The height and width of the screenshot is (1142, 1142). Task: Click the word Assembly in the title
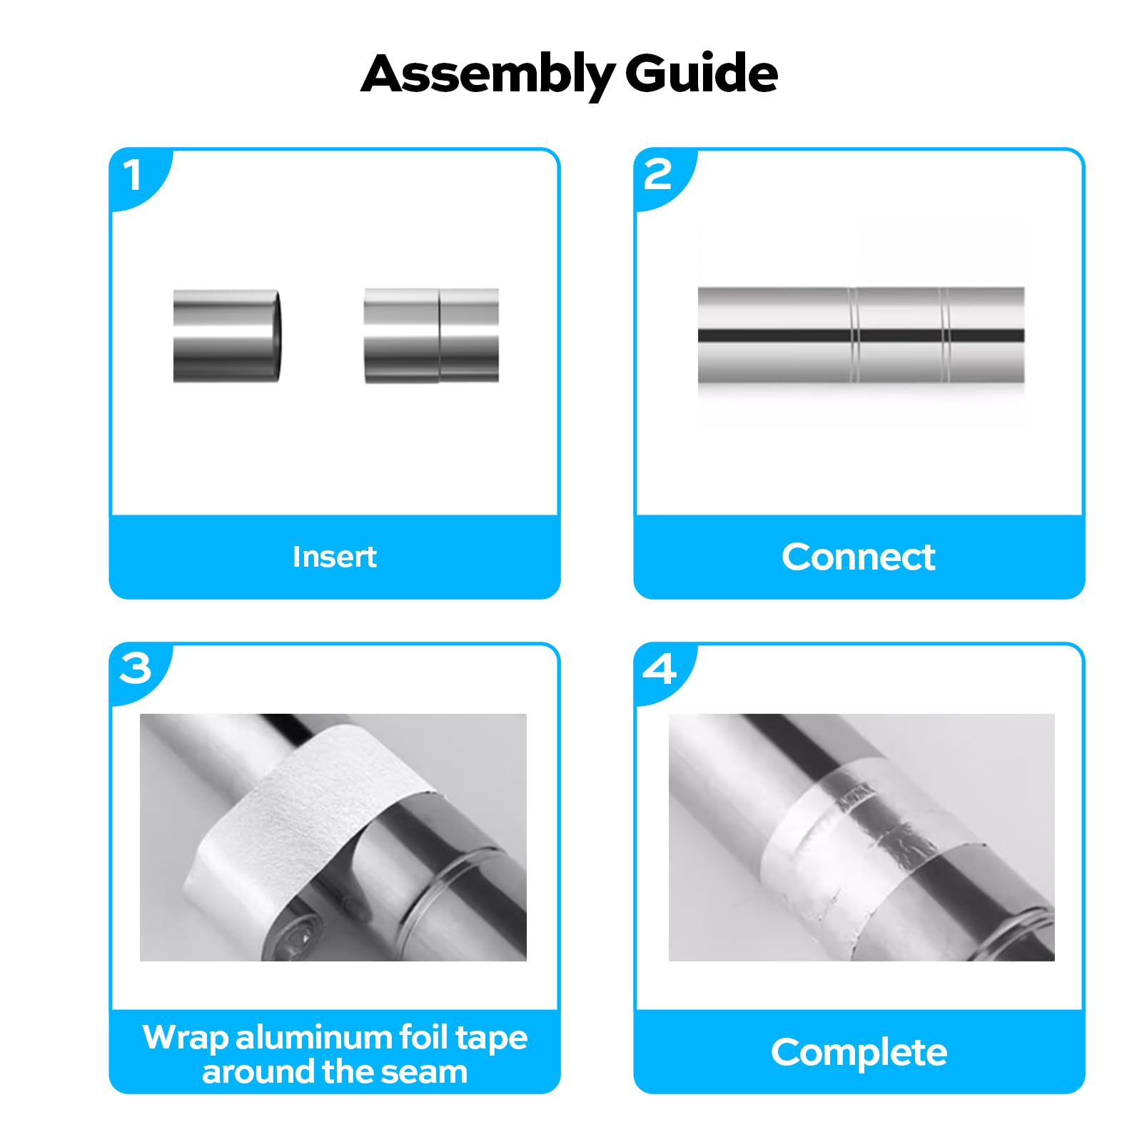point(487,74)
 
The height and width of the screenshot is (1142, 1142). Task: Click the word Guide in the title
point(701,74)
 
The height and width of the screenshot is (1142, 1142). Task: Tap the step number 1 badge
point(133,176)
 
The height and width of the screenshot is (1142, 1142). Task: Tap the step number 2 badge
point(657,176)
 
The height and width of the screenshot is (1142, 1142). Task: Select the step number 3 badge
point(135,669)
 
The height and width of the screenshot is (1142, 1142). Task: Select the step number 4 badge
point(659,669)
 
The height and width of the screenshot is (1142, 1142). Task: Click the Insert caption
point(334,557)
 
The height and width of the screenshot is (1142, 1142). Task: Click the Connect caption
point(858,557)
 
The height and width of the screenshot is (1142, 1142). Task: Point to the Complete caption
point(859,1052)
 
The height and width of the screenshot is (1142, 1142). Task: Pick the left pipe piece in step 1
point(225,335)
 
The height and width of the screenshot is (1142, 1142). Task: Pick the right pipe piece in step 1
point(431,335)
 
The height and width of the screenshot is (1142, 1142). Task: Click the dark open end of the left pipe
point(278,335)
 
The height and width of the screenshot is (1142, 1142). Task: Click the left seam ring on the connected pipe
point(854,335)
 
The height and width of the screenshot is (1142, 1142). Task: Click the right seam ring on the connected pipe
point(945,335)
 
